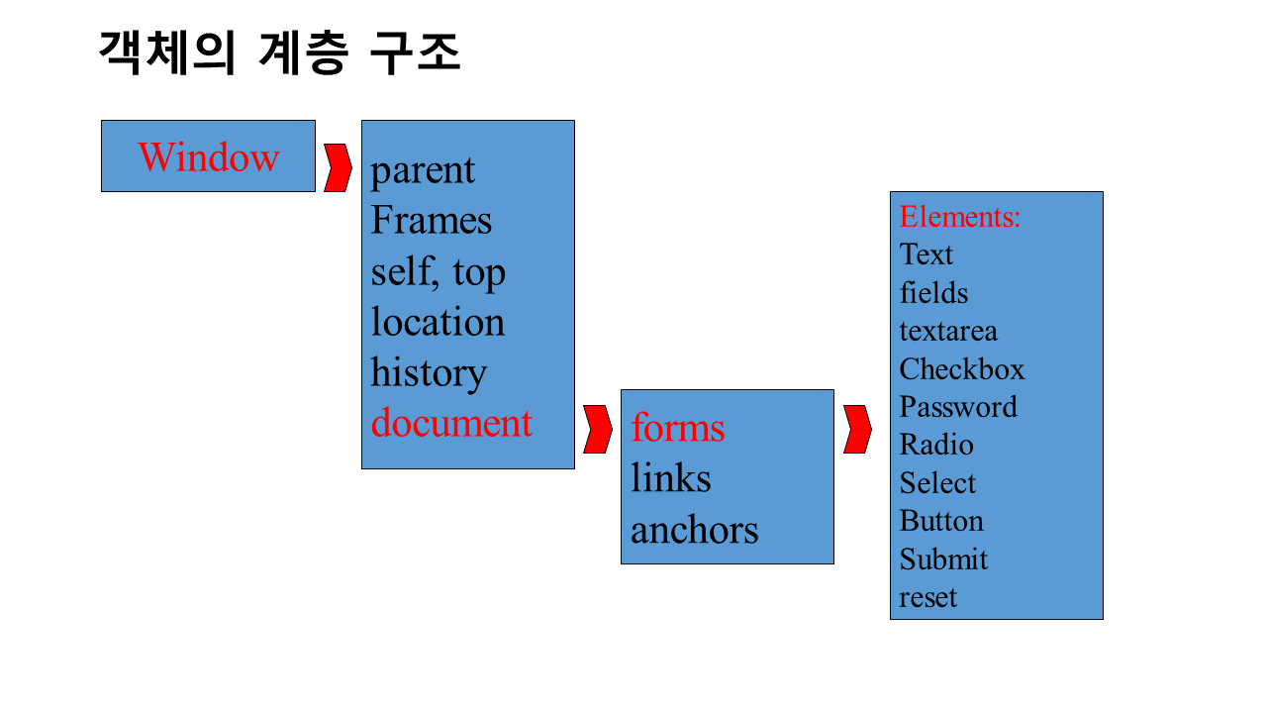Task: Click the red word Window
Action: [208, 157]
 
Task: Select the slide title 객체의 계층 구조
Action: [280, 52]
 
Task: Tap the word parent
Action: [423, 170]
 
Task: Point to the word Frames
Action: [431, 220]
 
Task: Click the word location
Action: [438, 322]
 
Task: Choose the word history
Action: [429, 372]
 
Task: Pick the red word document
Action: [451, 423]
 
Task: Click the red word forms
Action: [678, 428]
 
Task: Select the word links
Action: [671, 478]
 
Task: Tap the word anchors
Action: [695, 530]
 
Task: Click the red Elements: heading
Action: [960, 217]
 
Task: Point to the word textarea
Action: [948, 331]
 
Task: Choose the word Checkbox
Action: [962, 369]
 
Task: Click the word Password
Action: [958, 407]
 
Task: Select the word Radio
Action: [936, 445]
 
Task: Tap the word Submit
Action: [943, 560]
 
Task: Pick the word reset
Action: [928, 597]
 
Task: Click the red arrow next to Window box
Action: [338, 167]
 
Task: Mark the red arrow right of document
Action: [597, 429]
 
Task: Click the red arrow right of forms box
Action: [857, 429]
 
